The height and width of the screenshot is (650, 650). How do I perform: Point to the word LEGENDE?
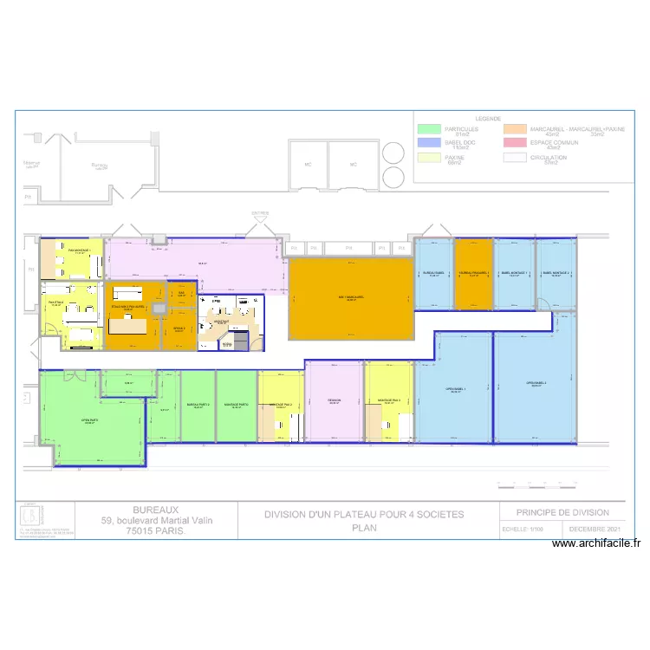tap(487, 119)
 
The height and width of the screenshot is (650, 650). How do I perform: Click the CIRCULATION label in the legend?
tap(549, 158)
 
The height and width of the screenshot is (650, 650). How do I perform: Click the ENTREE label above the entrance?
tap(260, 212)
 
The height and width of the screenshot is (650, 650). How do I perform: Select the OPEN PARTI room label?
tap(89, 420)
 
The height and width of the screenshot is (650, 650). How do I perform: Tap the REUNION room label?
tap(334, 400)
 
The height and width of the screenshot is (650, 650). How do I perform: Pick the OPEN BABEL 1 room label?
tap(454, 389)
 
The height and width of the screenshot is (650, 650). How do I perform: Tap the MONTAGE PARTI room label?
tap(237, 405)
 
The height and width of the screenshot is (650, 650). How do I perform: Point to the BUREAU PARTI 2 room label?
tap(198, 405)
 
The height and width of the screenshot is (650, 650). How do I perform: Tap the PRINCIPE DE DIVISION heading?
tap(562, 512)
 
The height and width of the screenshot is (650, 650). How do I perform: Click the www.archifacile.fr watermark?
tap(596, 543)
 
